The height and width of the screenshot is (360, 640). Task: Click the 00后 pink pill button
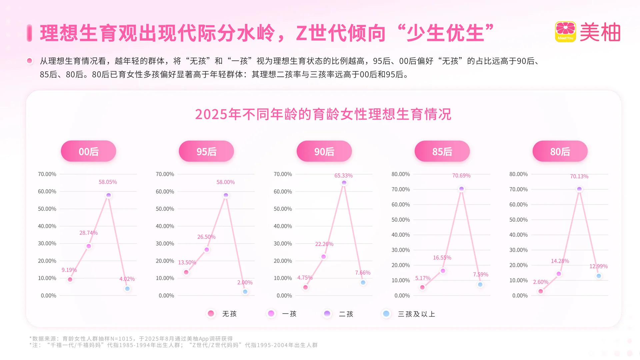point(88,151)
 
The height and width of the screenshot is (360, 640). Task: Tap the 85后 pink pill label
point(442,151)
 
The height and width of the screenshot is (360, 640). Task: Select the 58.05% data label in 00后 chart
point(108,182)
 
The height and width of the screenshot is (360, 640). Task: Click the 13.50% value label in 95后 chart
point(187,262)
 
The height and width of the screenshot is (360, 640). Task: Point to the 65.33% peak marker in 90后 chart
point(344,183)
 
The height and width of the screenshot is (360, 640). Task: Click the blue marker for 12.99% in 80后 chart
point(599,276)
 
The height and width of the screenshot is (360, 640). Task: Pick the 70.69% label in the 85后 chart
point(461,176)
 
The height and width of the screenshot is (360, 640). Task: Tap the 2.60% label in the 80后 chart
point(540,282)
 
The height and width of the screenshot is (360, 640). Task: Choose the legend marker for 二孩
point(327,314)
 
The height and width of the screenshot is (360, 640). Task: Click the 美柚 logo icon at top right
point(565,32)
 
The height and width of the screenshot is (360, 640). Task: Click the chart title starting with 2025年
point(323,114)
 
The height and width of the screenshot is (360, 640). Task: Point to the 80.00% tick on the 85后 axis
point(400,174)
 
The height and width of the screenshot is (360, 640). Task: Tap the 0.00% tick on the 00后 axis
point(48,296)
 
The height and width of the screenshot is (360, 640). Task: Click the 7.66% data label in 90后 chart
point(363,273)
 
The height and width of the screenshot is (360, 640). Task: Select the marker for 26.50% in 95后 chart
point(207,250)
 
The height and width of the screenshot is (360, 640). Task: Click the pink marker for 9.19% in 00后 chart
point(70,279)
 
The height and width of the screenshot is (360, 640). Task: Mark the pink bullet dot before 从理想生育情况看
point(30,61)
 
